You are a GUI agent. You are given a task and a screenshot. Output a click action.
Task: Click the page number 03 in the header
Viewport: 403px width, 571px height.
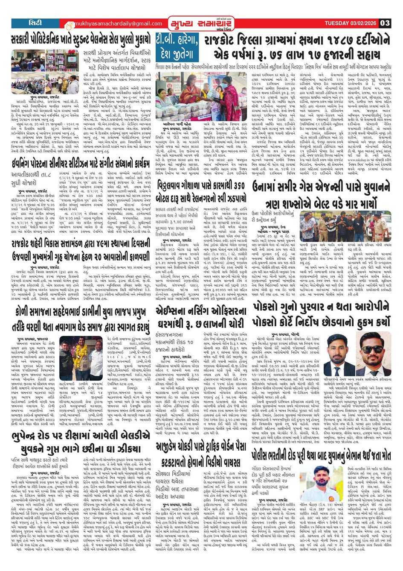click(385, 23)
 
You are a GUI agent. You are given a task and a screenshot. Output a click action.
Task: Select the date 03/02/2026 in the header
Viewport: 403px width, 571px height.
click(362, 23)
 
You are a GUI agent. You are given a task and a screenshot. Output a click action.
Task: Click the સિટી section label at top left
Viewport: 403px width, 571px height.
click(32, 23)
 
